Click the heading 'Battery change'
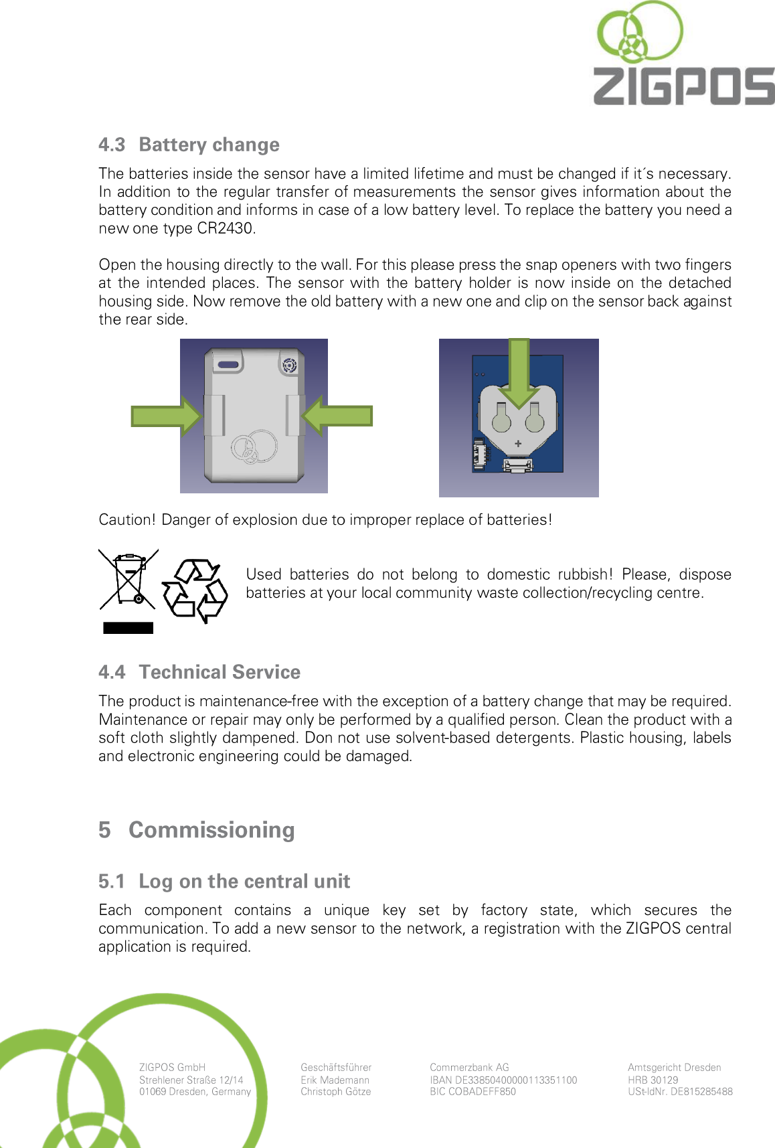point(209,145)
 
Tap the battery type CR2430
point(226,228)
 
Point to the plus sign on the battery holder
point(518,443)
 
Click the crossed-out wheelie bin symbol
point(128,580)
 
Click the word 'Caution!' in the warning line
point(126,520)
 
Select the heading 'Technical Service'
point(220,672)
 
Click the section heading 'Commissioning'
point(211,830)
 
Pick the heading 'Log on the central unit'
point(244,882)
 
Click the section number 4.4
point(112,672)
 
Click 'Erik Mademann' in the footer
point(335,1080)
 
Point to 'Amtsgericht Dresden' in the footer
point(674,1068)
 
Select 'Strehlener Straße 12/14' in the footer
point(191,1080)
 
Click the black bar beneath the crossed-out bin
point(128,628)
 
